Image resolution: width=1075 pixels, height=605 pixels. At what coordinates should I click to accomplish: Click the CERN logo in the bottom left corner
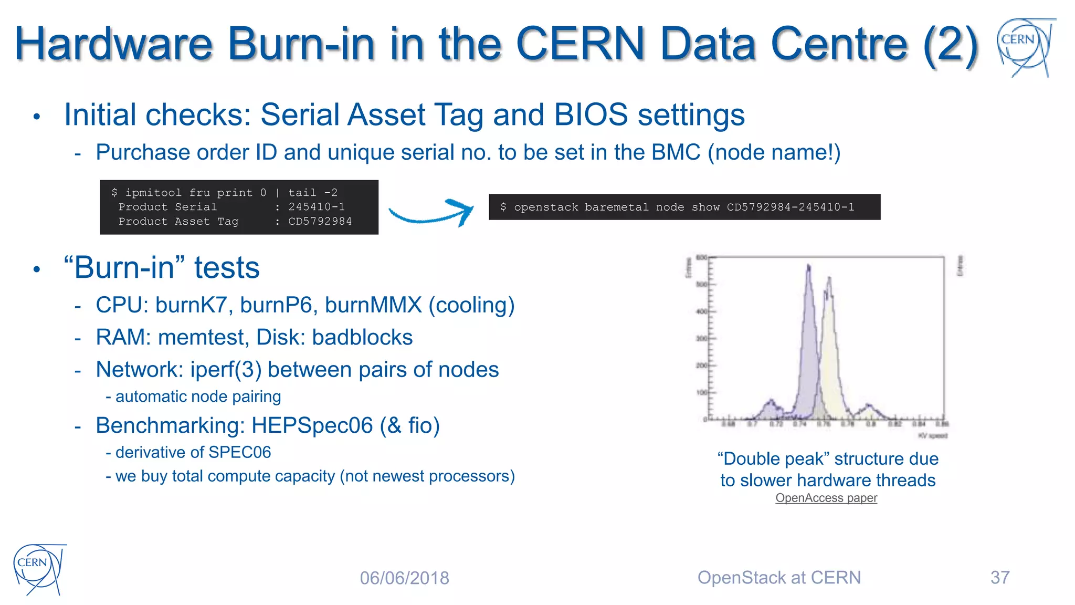pos(38,568)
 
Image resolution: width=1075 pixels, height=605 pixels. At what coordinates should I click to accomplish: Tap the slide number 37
pos(999,577)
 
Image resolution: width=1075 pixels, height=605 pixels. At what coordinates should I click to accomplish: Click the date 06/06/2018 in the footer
pos(404,578)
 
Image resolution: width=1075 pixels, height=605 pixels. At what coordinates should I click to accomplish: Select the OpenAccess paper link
pos(826,497)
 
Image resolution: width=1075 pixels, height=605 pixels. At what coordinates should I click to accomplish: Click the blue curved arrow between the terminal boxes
pos(431,213)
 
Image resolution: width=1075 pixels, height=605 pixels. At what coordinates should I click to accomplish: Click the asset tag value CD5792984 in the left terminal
pos(320,222)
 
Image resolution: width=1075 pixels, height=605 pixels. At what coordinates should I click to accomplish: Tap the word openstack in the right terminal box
pos(546,207)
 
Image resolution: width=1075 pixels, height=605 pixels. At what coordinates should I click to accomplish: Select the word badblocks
pos(362,337)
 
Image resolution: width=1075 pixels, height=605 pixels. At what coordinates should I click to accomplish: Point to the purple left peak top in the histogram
pos(808,268)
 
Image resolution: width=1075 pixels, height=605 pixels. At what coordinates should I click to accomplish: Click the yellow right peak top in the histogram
pos(829,279)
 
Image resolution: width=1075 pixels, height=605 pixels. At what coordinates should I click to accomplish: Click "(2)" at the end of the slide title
pos(951,44)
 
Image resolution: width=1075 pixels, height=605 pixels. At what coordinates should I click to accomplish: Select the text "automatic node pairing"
pos(198,397)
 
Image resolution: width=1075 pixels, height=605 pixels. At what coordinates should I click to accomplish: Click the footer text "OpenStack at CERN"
pos(779,577)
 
